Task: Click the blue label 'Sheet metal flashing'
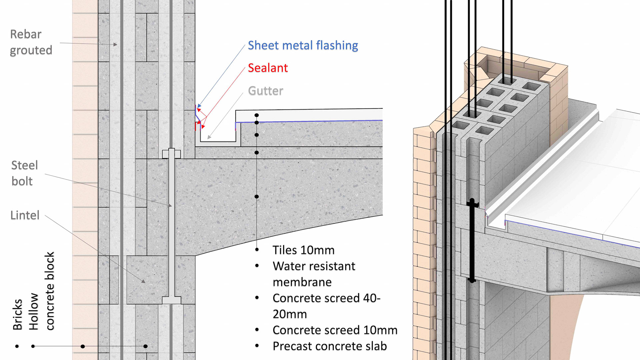click(x=303, y=45)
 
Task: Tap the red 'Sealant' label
click(x=268, y=68)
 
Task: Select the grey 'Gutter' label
click(x=266, y=91)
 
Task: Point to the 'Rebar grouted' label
click(x=31, y=42)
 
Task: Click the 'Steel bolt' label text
click(x=24, y=173)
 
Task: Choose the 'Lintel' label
click(x=25, y=215)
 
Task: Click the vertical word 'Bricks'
click(x=17, y=314)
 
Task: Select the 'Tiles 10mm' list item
click(x=303, y=250)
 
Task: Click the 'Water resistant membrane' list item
click(x=314, y=274)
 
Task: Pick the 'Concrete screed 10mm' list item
click(x=335, y=330)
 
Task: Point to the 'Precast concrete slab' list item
click(x=329, y=346)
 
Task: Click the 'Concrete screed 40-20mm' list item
click(x=326, y=306)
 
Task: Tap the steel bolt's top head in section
click(x=171, y=154)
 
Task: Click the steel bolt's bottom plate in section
click(x=171, y=300)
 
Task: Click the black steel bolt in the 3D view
click(x=472, y=240)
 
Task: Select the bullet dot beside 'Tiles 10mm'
click(x=257, y=250)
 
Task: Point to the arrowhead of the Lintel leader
click(x=144, y=282)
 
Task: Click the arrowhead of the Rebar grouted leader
click(x=115, y=44)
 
